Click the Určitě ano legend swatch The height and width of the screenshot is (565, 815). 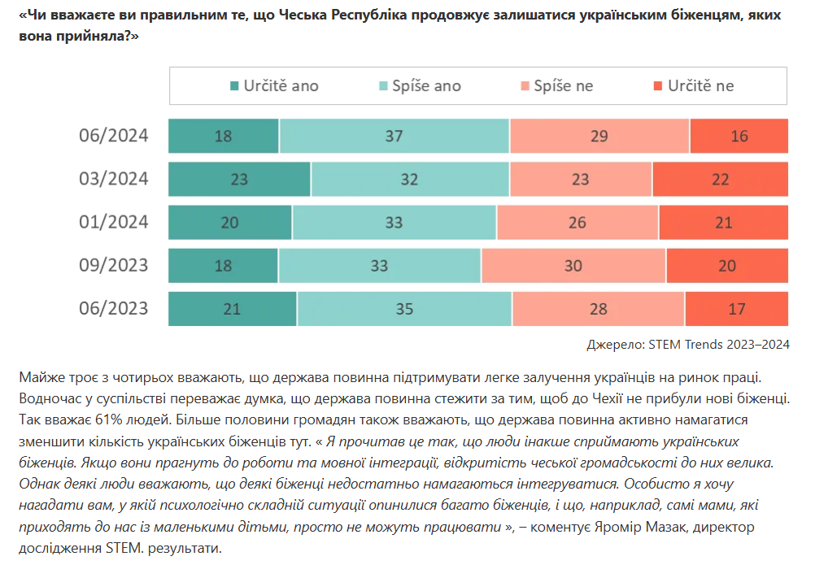(x=235, y=86)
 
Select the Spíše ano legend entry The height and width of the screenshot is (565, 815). (x=419, y=86)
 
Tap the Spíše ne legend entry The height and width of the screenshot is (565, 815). (x=556, y=86)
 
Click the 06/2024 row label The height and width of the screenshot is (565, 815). (x=114, y=136)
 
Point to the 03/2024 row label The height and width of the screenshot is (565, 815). (x=114, y=179)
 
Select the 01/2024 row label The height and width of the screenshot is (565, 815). (x=114, y=222)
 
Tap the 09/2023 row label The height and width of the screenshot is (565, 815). (x=114, y=265)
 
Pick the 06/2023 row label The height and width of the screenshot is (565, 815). (x=114, y=308)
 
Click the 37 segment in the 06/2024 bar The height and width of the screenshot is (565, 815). (x=394, y=136)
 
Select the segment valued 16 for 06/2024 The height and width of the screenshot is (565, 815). (x=739, y=136)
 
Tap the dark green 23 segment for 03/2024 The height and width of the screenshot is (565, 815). (x=239, y=179)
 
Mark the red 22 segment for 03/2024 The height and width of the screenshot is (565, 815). (x=721, y=179)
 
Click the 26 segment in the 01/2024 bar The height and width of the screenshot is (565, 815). (x=577, y=222)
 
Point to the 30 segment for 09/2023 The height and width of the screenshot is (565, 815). (x=573, y=265)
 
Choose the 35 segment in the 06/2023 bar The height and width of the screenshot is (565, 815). (x=404, y=308)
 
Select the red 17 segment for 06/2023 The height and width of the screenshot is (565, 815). (x=737, y=308)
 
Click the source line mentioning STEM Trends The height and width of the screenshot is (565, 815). (x=688, y=344)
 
